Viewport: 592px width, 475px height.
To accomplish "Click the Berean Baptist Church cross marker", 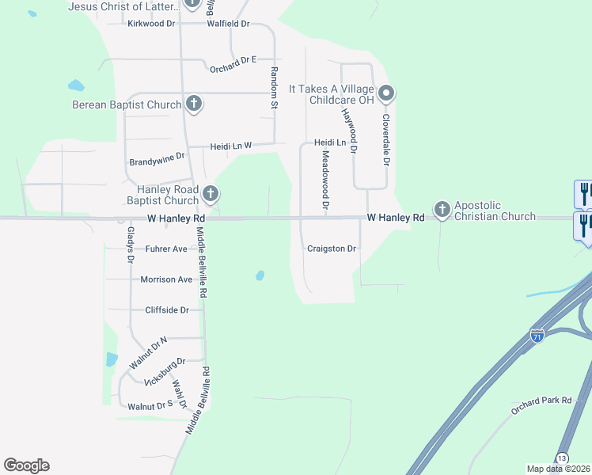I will pos(194,104).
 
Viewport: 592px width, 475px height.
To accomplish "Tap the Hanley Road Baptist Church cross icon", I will pos(211,192).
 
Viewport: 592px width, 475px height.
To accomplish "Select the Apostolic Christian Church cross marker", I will pos(442,210).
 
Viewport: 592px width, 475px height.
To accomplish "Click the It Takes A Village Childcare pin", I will pos(386,93).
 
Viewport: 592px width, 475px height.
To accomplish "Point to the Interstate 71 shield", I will pos(538,335).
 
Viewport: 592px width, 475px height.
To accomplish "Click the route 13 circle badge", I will pos(561,458).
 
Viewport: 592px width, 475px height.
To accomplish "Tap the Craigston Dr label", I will pos(332,249).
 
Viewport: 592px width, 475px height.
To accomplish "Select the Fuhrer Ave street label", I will pos(165,249).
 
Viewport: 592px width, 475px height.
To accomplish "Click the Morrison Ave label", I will pos(166,279).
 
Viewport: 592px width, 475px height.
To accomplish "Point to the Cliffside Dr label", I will pos(167,310).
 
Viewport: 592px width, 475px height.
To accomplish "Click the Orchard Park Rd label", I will pos(541,401).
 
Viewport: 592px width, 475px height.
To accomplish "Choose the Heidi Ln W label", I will pos(230,146).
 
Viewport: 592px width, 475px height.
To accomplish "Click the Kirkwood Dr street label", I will pos(151,24).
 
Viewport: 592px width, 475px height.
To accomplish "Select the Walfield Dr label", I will pos(228,24).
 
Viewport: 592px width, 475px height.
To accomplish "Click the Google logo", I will pos(26,465).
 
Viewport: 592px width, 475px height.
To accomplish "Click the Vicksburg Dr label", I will pos(165,371).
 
